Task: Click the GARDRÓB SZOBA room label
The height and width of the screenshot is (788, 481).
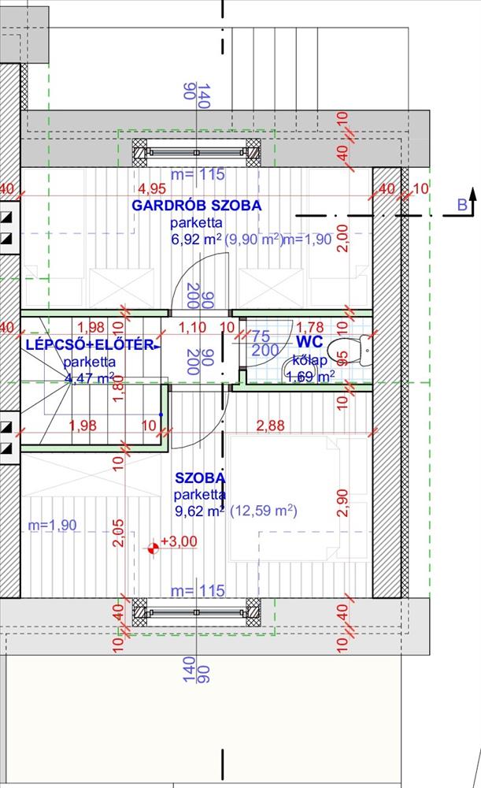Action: coord(196,206)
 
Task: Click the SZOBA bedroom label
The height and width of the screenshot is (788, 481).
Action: coord(200,478)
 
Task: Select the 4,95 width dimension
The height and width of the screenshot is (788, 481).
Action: coord(152,189)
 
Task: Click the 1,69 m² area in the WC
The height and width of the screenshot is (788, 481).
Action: coord(310,377)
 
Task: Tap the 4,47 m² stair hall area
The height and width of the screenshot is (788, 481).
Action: coord(89,377)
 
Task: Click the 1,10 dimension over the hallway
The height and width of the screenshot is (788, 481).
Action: coord(194,326)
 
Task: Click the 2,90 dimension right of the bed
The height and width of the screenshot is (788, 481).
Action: coord(342,502)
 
